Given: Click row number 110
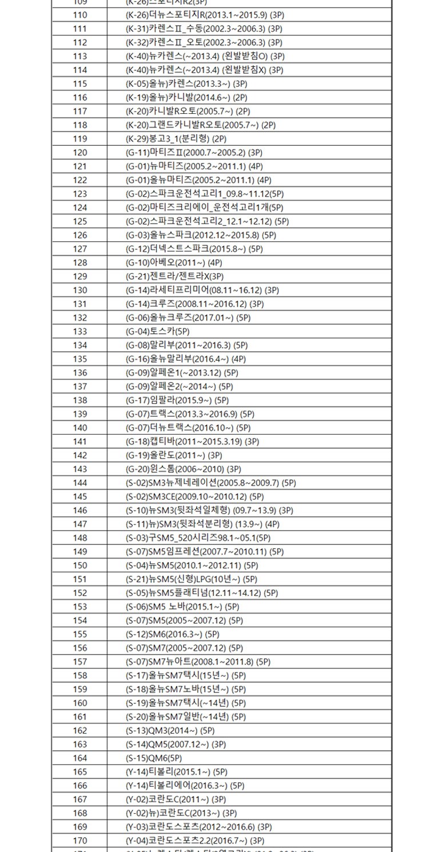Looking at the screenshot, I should pos(80,15).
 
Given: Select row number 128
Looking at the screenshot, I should pos(80,262).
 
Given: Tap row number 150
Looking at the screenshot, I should pos(80,566).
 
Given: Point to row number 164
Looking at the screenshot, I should pos(80,758).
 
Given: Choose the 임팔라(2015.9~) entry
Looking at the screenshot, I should pos(177,400).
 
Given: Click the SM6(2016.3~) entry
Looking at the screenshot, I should pos(172,634).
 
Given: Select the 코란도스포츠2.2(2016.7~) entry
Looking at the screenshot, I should pos(195,841).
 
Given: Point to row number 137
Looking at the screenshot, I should pos(80,387).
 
